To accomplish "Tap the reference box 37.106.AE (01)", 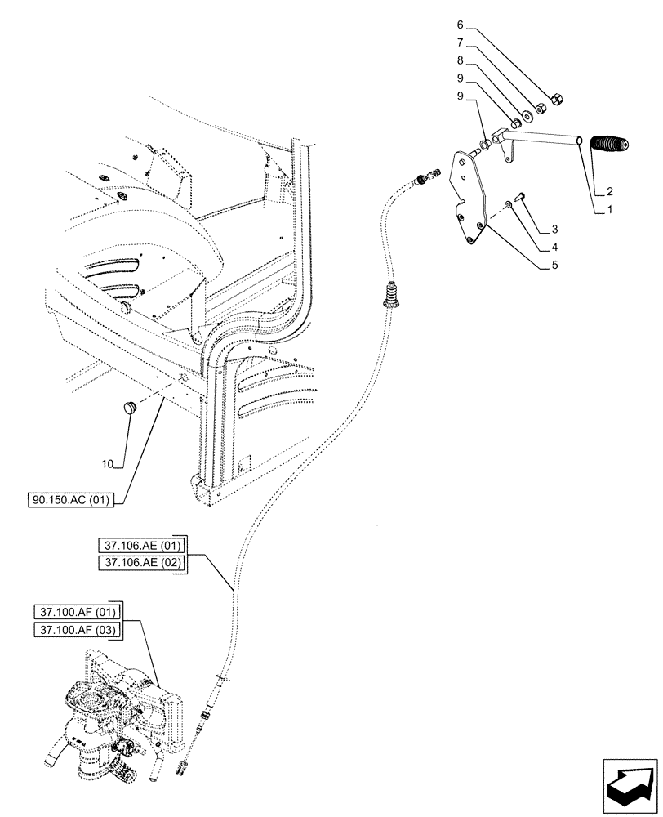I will coord(141,545).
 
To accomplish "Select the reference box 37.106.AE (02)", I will coord(141,562).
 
